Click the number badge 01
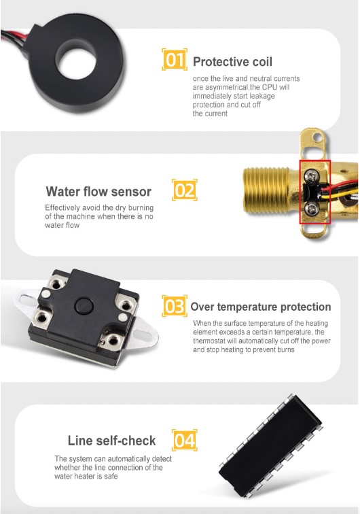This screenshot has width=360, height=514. (x=175, y=59)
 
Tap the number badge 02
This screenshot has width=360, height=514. (x=185, y=190)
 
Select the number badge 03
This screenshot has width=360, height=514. (x=175, y=306)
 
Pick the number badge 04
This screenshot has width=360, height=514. (x=185, y=440)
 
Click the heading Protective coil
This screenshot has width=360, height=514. (x=232, y=62)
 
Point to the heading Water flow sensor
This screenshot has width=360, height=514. (x=98, y=192)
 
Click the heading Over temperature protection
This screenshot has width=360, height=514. (x=261, y=307)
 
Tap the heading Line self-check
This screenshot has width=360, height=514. (x=111, y=441)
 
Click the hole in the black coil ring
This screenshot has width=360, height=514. (x=77, y=63)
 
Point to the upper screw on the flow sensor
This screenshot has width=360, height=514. (x=310, y=176)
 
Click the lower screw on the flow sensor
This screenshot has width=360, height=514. (x=311, y=208)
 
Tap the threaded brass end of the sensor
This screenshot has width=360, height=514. (x=266, y=190)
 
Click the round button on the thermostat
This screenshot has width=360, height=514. (x=84, y=306)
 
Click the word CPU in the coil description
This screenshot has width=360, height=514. (x=270, y=88)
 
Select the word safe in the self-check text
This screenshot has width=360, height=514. (x=111, y=477)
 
